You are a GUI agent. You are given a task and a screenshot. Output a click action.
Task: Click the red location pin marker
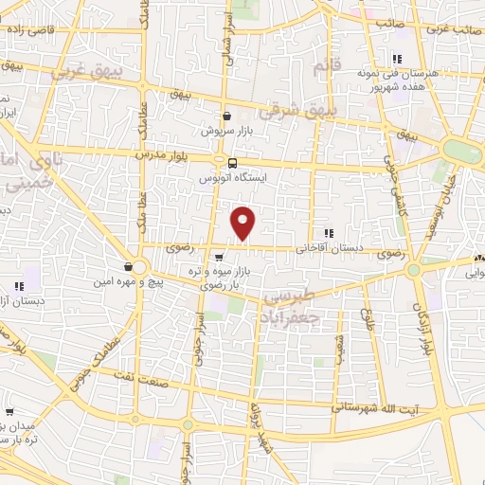(x=244, y=223)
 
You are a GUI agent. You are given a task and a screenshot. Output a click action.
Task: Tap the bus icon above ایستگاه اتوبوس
(x=233, y=161)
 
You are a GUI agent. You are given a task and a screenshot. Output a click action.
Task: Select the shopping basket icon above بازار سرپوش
(x=226, y=116)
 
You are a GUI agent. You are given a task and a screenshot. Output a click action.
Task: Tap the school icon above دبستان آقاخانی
(x=328, y=233)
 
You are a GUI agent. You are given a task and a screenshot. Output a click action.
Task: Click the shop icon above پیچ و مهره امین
(x=129, y=266)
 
